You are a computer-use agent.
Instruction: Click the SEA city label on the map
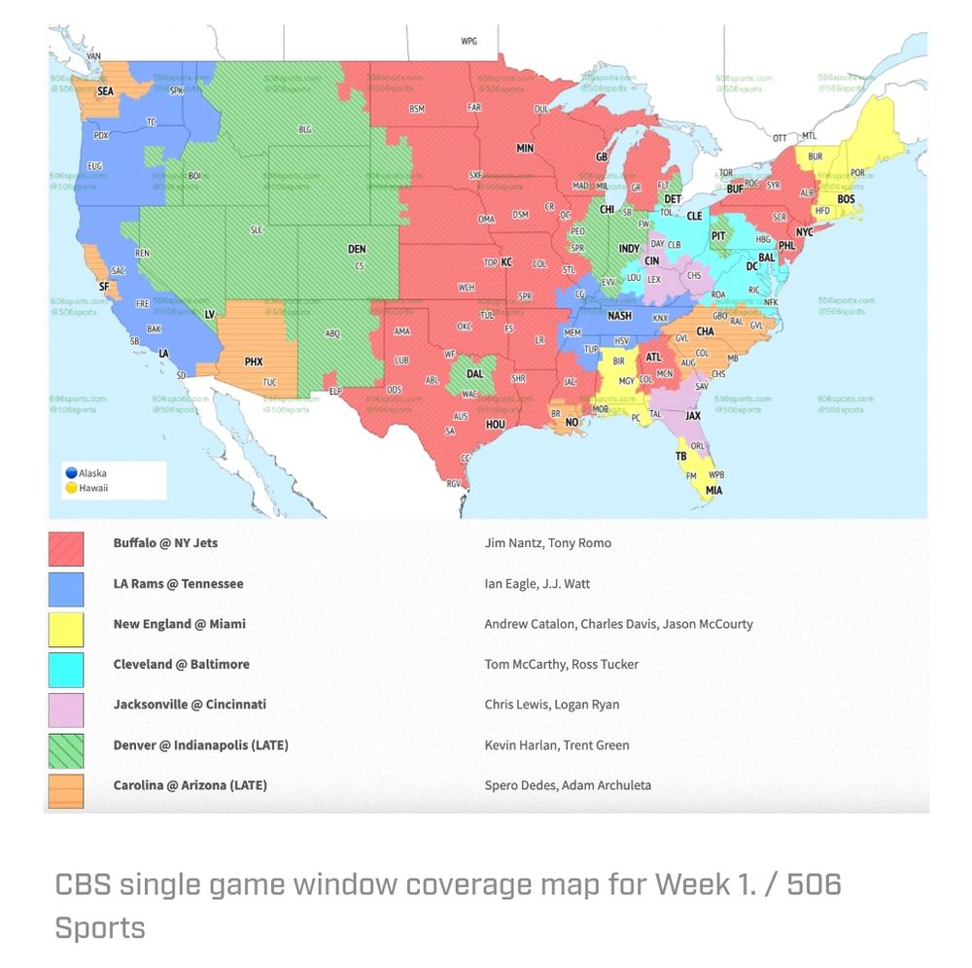pyautogui.click(x=105, y=90)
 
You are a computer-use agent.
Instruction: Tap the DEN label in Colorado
pyautogui.click(x=357, y=250)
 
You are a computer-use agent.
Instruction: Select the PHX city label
pyautogui.click(x=253, y=362)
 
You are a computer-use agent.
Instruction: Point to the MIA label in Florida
pyautogui.click(x=714, y=491)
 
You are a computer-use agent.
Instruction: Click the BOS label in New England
pyautogui.click(x=847, y=198)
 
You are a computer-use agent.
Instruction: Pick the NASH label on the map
pyautogui.click(x=619, y=316)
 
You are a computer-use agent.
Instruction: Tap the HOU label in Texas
pyautogui.click(x=496, y=424)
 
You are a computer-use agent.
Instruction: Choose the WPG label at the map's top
pyautogui.click(x=469, y=42)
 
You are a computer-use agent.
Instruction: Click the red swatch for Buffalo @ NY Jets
pyautogui.click(x=66, y=548)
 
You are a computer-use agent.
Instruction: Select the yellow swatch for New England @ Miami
pyautogui.click(x=66, y=629)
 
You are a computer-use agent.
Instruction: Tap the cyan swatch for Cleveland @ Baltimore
pyautogui.click(x=66, y=670)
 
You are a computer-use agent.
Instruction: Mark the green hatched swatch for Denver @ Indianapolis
pyautogui.click(x=66, y=750)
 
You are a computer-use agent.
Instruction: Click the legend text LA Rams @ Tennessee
pyautogui.click(x=178, y=584)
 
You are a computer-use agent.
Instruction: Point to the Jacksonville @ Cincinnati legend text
pyautogui.click(x=190, y=705)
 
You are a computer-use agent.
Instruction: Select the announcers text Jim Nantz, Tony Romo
pyautogui.click(x=547, y=543)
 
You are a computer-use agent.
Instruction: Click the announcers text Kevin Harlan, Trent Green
pyautogui.click(x=556, y=745)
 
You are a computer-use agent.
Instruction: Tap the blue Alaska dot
pyautogui.click(x=71, y=473)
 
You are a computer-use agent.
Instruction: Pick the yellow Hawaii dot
pyautogui.click(x=71, y=488)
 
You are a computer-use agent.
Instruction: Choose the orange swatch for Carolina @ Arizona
pyautogui.click(x=66, y=790)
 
